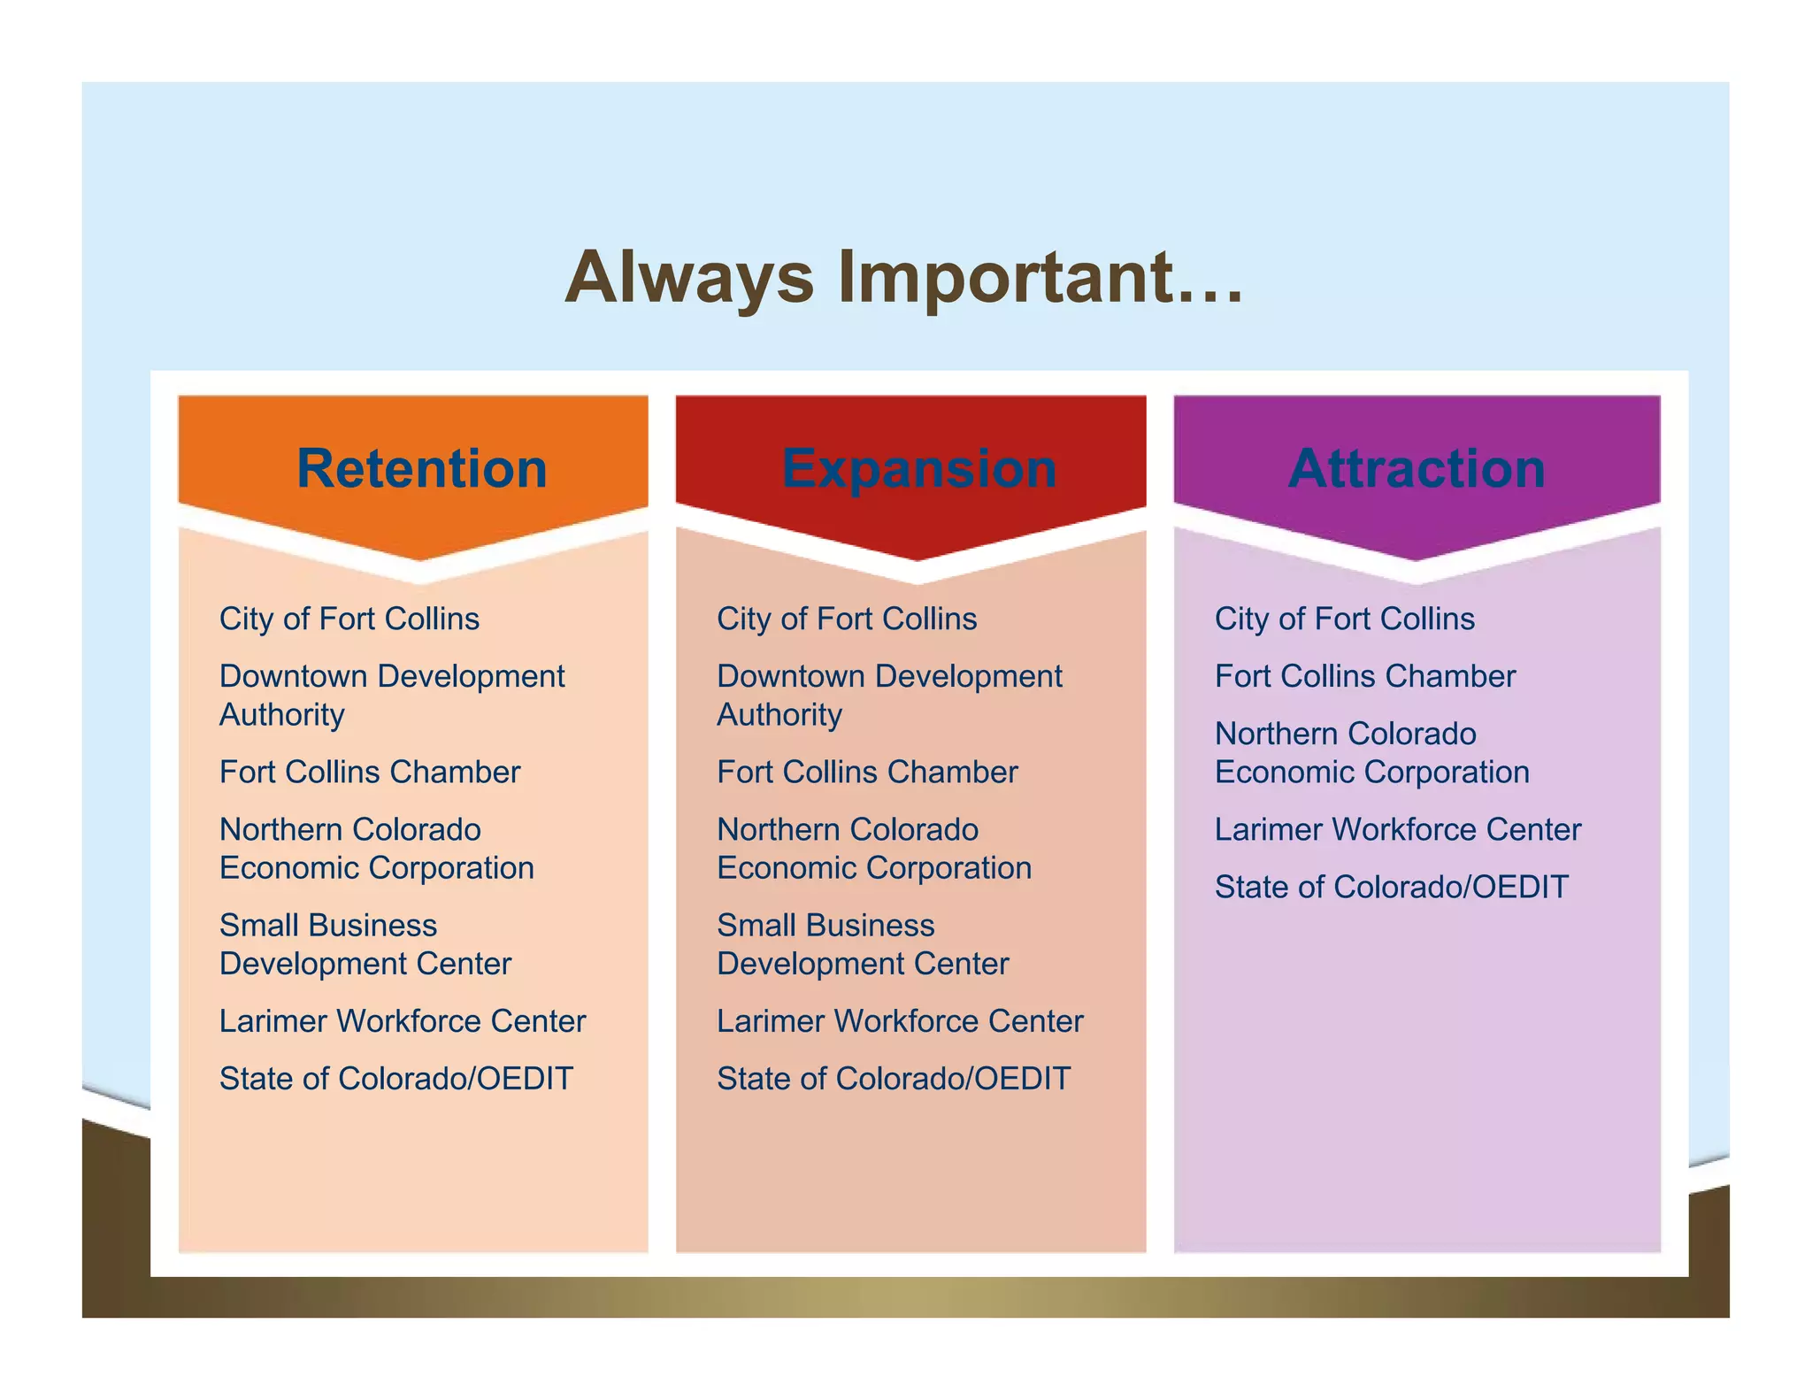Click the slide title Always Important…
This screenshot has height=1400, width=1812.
pyautogui.click(x=904, y=278)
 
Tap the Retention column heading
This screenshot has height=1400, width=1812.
pyautogui.click(x=421, y=468)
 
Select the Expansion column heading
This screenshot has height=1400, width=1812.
pyautogui.click(x=918, y=468)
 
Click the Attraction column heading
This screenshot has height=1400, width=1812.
pyautogui.click(x=1417, y=468)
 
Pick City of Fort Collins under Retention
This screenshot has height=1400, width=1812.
pyautogui.click(x=349, y=619)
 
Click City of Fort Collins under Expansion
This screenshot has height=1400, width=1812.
pyautogui.click(x=847, y=619)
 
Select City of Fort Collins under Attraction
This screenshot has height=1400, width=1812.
pyautogui.click(x=1344, y=619)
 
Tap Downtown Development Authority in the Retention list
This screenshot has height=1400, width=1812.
pyautogui.click(x=391, y=695)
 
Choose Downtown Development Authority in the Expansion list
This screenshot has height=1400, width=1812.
pyautogui.click(x=888, y=695)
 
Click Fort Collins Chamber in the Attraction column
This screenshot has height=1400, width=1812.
pyautogui.click(x=1364, y=676)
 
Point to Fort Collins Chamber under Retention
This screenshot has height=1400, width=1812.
pyautogui.click(x=369, y=772)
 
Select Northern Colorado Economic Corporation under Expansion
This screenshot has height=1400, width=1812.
pyautogui.click(x=873, y=849)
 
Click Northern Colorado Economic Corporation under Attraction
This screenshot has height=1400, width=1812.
pyautogui.click(x=1371, y=753)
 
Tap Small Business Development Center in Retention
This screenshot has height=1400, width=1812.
pyautogui.click(x=365, y=944)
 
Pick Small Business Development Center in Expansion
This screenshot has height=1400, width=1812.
pyautogui.click(x=862, y=944)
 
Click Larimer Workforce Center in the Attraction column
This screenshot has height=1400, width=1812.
pyautogui.click(x=1397, y=829)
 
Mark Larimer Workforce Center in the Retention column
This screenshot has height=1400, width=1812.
pyautogui.click(x=402, y=1021)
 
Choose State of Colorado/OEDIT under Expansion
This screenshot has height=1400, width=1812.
pyautogui.click(x=894, y=1079)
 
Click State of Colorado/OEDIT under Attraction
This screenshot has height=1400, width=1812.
pyautogui.click(x=1391, y=887)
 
